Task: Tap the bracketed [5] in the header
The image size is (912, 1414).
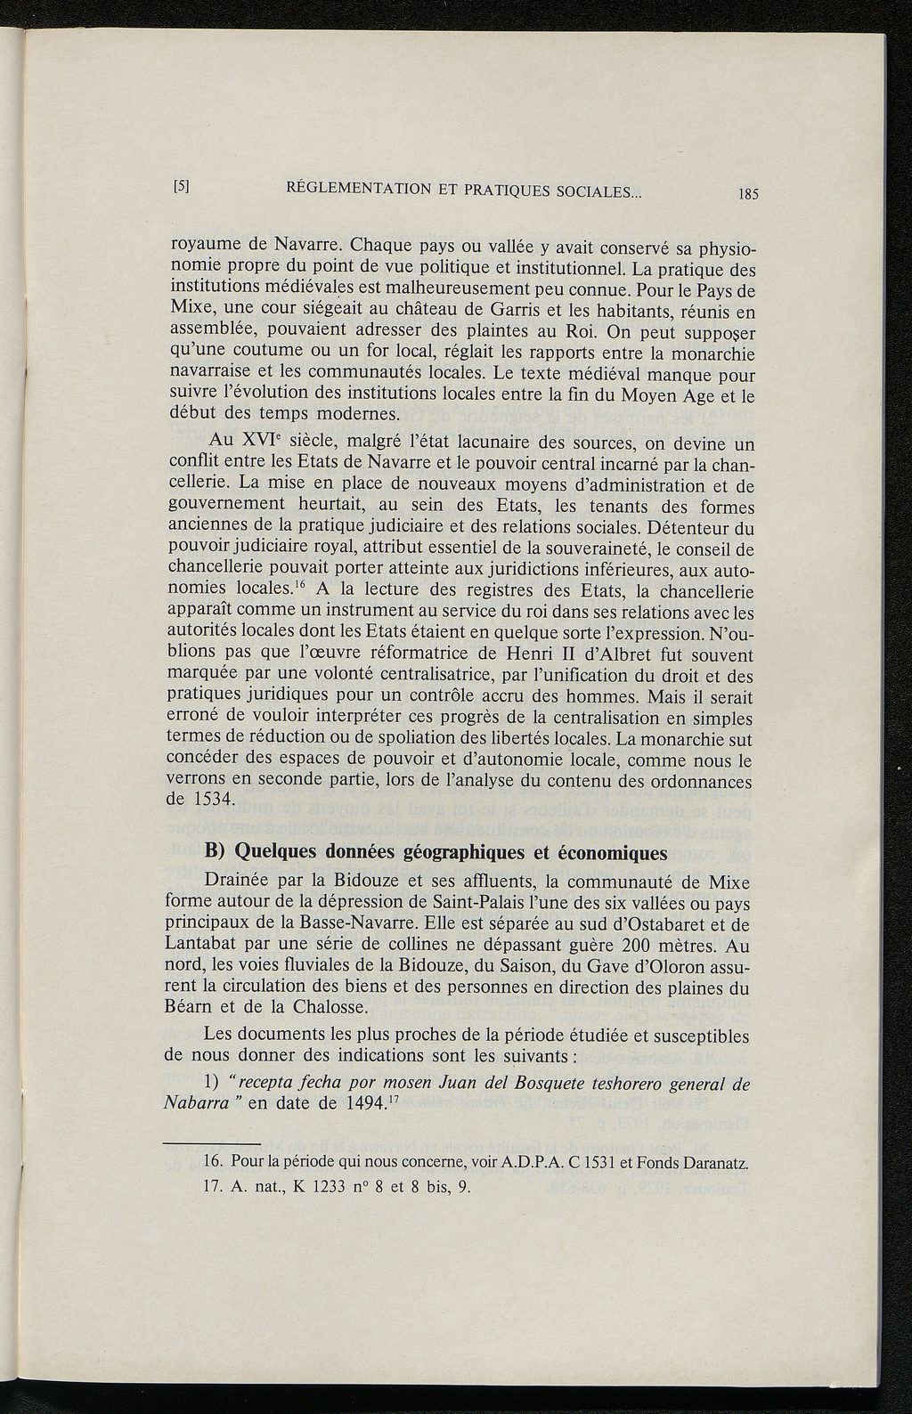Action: tap(183, 187)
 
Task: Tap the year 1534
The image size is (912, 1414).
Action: tap(212, 800)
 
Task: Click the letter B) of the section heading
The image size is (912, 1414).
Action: tap(216, 852)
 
